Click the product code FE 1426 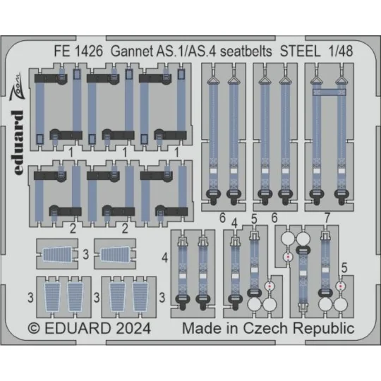(x=78, y=52)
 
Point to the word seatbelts (x=246, y=52)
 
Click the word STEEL (x=300, y=52)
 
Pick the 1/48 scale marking (x=340, y=52)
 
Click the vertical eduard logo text (x=18, y=143)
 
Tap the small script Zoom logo (x=16, y=87)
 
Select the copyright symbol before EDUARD (x=34, y=329)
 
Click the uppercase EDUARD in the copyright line (x=78, y=329)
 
